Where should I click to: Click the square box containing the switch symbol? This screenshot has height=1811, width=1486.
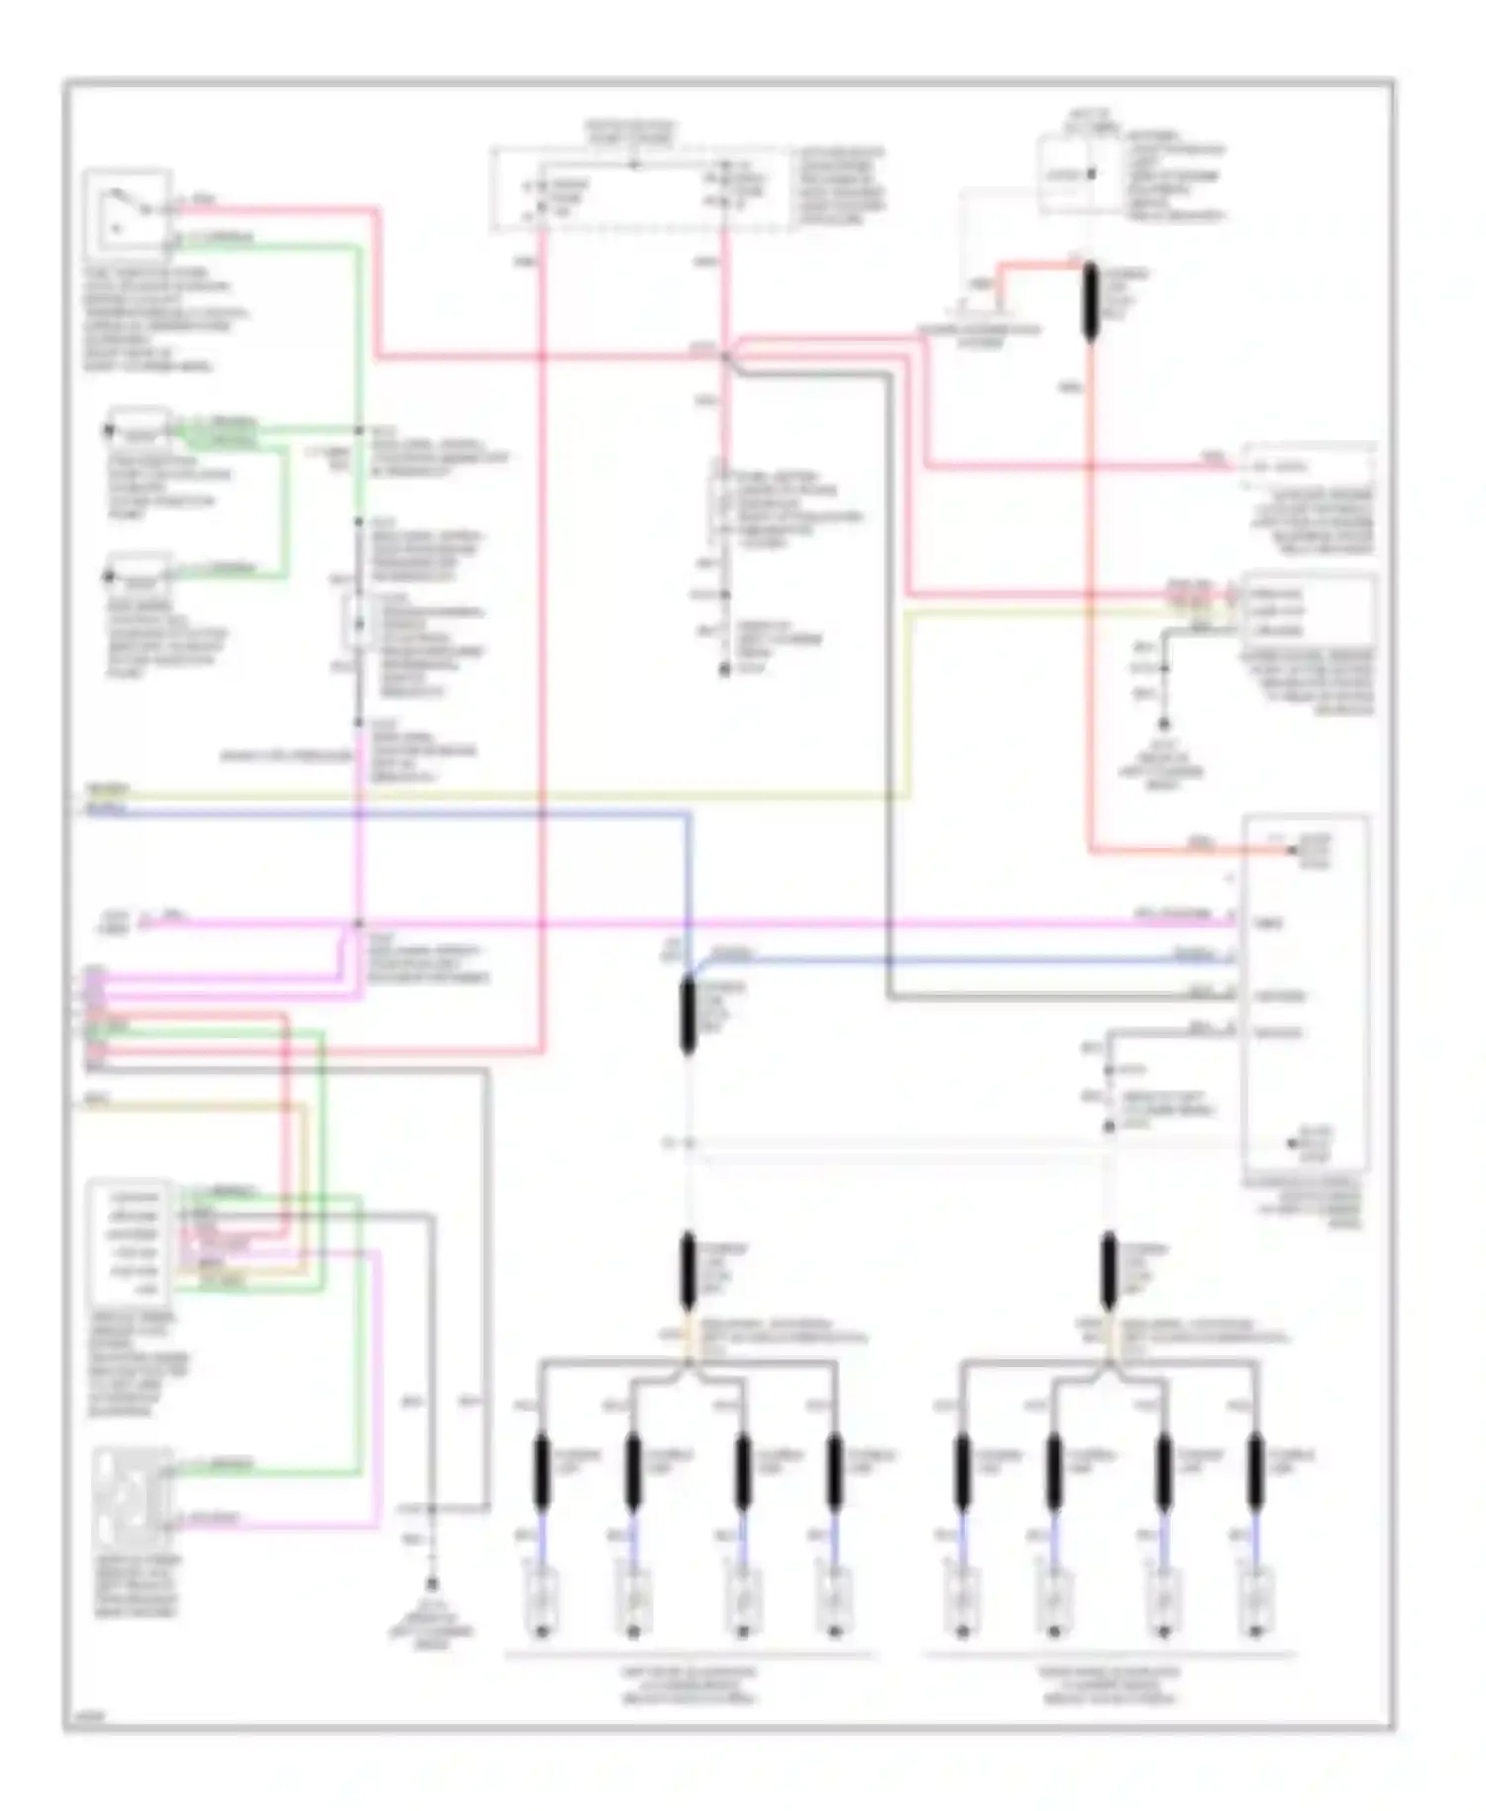(127, 211)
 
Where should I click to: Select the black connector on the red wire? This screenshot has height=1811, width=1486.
(1091, 302)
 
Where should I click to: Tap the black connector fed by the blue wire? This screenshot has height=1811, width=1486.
(688, 1015)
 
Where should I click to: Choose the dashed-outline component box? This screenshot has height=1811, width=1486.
(642, 190)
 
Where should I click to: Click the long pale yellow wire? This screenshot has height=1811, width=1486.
(495, 796)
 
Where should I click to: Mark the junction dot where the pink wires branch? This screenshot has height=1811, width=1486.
(725, 356)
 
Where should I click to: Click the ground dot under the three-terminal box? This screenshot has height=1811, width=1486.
(1164, 724)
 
